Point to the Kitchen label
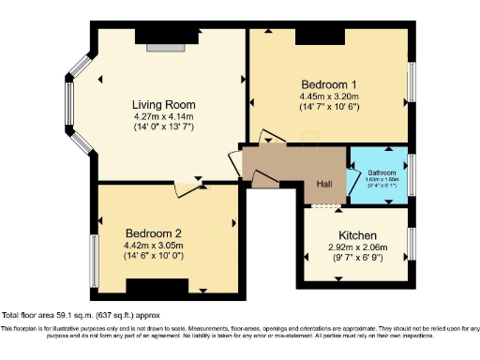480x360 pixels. tap(357, 234)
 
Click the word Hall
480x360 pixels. tap(323, 184)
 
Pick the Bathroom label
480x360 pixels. tap(382, 173)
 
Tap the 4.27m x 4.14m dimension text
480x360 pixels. tap(163, 116)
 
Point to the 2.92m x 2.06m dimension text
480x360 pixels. tap(357, 247)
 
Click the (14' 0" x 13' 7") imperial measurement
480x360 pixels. tap(163, 127)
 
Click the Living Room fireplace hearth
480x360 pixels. tap(166, 46)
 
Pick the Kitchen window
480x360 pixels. tap(412, 244)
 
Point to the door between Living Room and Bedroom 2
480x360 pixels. tap(186, 188)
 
